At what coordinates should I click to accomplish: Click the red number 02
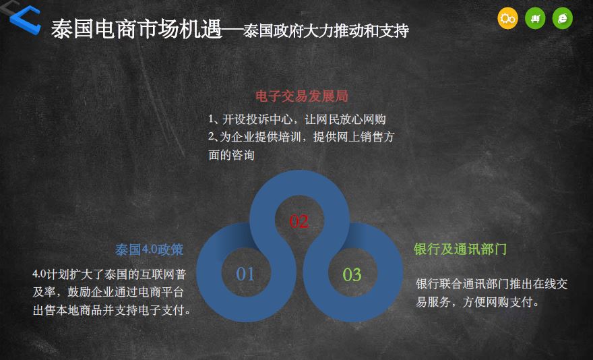pos(299,221)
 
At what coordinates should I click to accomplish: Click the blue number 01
pos(245,274)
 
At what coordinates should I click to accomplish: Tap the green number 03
pos(352,274)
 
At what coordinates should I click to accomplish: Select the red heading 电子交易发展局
pos(301,96)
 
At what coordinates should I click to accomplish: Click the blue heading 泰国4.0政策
pos(149,250)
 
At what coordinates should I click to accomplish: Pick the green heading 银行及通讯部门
pos(460,249)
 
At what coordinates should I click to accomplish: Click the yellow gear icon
pos(507,18)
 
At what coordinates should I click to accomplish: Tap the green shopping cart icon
pos(535,18)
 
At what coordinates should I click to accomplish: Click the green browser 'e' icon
pos(563,18)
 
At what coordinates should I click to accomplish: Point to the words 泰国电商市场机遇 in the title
pos(136,29)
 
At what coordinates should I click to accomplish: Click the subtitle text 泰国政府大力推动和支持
pos(325,30)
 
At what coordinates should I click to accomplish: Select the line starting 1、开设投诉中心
pos(297,119)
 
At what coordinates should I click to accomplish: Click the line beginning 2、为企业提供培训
pos(301,137)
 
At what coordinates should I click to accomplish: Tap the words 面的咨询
pos(231,155)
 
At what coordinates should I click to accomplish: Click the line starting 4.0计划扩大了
pos(109,274)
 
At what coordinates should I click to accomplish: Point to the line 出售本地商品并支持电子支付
pos(112,310)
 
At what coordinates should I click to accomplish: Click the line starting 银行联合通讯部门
pos(492,284)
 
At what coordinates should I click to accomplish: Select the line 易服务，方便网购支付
pos(477,302)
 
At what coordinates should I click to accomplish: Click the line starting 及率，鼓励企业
pos(108,292)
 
